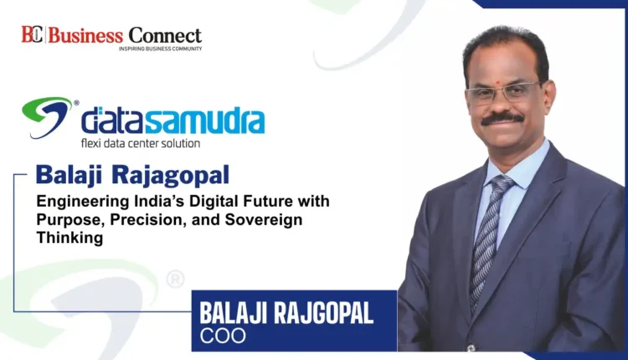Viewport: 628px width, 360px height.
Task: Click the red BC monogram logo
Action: tap(32, 34)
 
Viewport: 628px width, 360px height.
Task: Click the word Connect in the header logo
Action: tap(165, 36)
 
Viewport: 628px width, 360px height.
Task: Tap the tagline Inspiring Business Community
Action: tap(160, 49)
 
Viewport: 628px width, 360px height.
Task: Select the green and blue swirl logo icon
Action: tap(47, 117)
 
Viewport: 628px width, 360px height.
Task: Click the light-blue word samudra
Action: tap(204, 120)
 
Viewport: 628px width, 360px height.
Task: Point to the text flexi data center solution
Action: tap(141, 143)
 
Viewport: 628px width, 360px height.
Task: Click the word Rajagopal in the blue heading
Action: tap(170, 175)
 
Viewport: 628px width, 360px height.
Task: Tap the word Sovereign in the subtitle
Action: tap(264, 219)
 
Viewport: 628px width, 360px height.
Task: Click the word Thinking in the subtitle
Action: tap(69, 238)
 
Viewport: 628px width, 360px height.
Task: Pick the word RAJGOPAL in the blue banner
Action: tap(323, 313)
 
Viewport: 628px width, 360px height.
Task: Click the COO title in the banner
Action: tap(223, 336)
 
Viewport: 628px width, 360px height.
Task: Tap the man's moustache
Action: tap(502, 119)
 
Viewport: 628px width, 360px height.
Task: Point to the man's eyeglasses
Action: tap(503, 93)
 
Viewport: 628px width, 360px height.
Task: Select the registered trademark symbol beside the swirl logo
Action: tap(76, 102)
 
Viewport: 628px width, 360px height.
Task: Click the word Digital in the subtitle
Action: tap(217, 202)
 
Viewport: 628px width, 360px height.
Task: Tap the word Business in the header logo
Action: tap(85, 36)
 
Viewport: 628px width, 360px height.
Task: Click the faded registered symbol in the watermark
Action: tap(176, 279)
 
